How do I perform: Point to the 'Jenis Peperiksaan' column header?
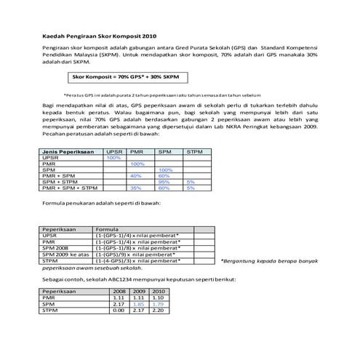(68, 151)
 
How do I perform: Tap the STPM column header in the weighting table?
(195, 151)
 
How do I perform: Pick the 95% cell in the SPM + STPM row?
(164, 182)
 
